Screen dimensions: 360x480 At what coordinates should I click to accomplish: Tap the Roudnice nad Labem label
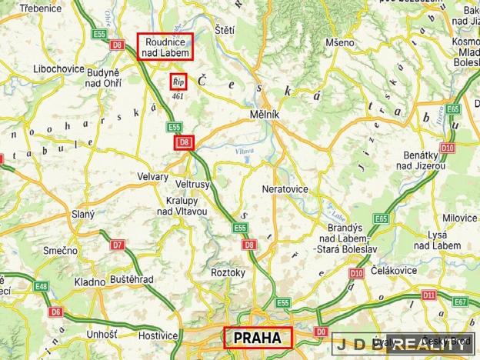click(165, 46)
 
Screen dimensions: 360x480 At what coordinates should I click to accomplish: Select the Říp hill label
click(178, 81)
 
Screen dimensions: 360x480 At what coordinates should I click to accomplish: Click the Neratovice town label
click(285, 188)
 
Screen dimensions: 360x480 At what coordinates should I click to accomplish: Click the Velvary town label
click(151, 177)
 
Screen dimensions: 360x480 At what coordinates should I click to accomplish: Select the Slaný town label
click(82, 215)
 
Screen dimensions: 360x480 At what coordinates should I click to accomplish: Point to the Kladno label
click(89, 282)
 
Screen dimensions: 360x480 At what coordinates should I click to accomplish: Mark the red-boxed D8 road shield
click(185, 142)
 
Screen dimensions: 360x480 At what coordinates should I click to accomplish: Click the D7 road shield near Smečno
click(117, 245)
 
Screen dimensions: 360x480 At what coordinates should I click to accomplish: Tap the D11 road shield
click(429, 295)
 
